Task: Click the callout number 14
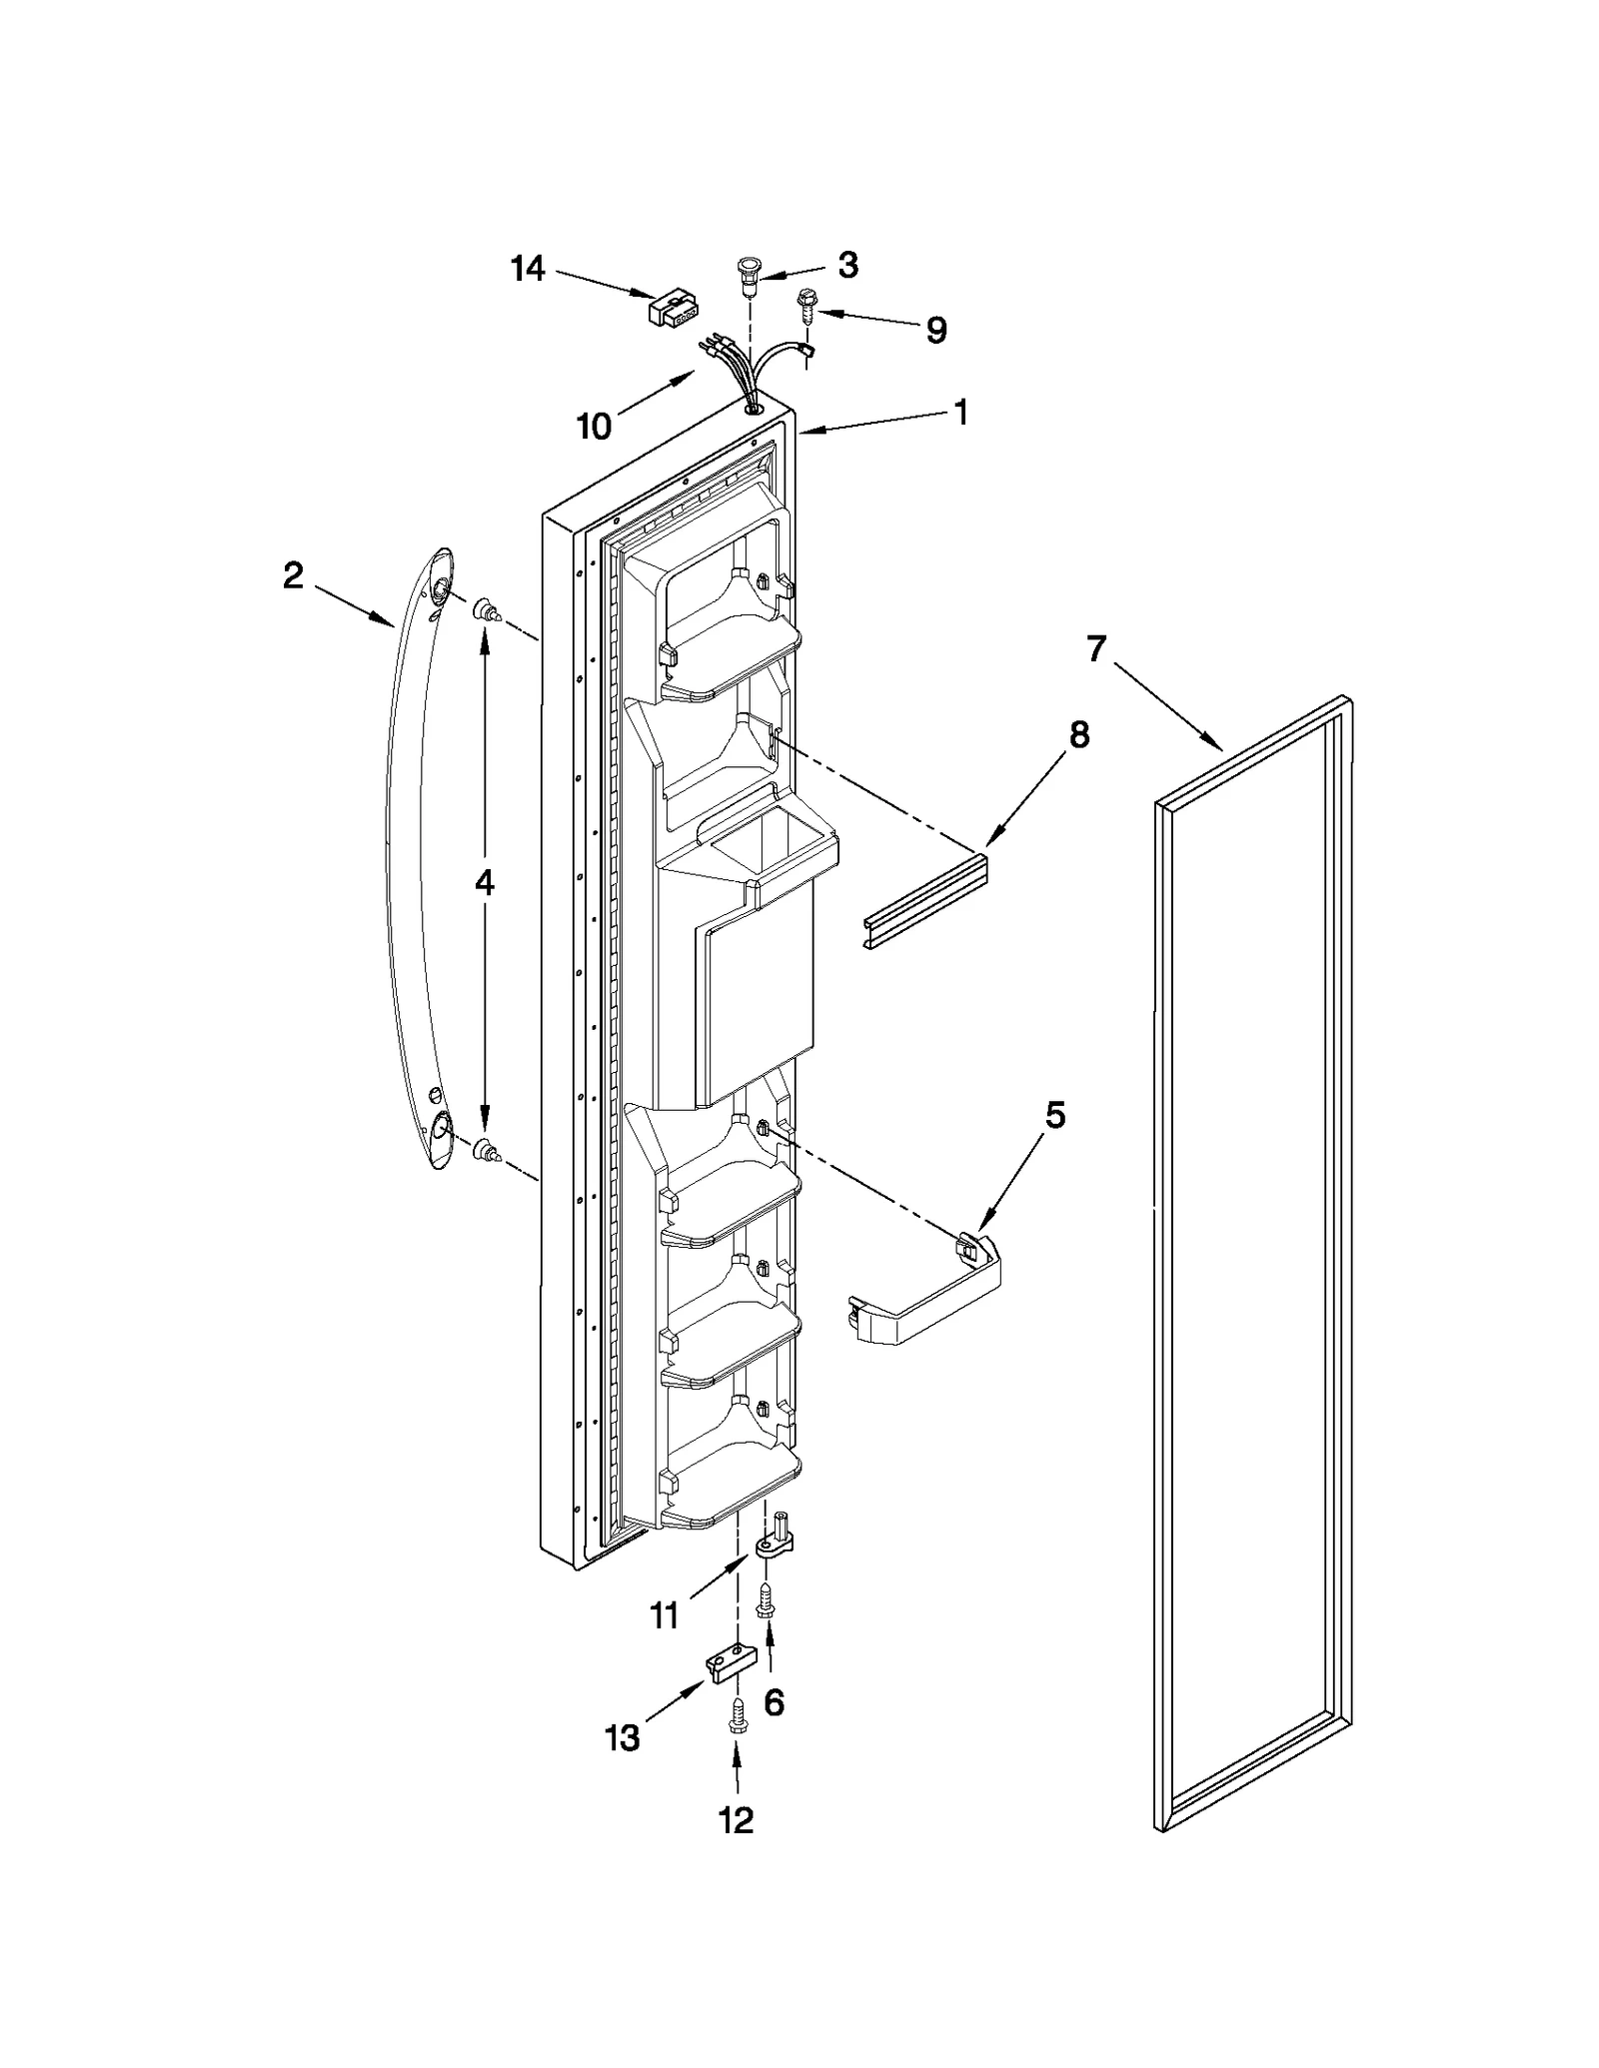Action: click(528, 269)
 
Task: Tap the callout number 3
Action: click(847, 265)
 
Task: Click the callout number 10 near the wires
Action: click(594, 427)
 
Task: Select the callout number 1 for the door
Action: click(960, 411)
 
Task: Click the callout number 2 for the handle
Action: click(292, 574)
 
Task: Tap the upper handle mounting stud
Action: click(487, 609)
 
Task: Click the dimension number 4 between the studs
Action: click(484, 881)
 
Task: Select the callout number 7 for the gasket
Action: click(1096, 648)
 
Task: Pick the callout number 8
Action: click(1078, 735)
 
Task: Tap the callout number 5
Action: click(1055, 1115)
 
